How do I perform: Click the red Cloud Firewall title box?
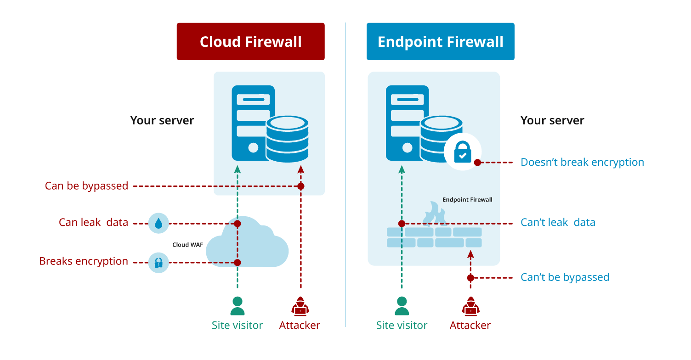(250, 42)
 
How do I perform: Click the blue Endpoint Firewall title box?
(440, 42)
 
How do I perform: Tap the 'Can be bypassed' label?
(86, 186)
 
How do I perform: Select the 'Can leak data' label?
(93, 223)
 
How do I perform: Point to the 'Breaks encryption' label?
(84, 261)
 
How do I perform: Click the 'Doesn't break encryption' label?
(582, 162)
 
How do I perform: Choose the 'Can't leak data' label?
(558, 223)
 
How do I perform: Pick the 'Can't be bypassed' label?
(565, 277)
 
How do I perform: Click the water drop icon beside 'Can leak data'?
(159, 224)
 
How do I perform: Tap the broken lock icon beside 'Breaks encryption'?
(159, 263)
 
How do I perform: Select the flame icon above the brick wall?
(434, 214)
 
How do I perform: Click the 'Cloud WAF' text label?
(187, 245)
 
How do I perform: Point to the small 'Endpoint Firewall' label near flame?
(467, 200)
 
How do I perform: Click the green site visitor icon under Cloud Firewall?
(237, 306)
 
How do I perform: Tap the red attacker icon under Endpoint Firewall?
(470, 306)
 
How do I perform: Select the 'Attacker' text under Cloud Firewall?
(300, 326)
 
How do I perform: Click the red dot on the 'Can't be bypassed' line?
(470, 278)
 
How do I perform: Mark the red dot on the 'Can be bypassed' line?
(300, 186)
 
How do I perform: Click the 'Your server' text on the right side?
(552, 121)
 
